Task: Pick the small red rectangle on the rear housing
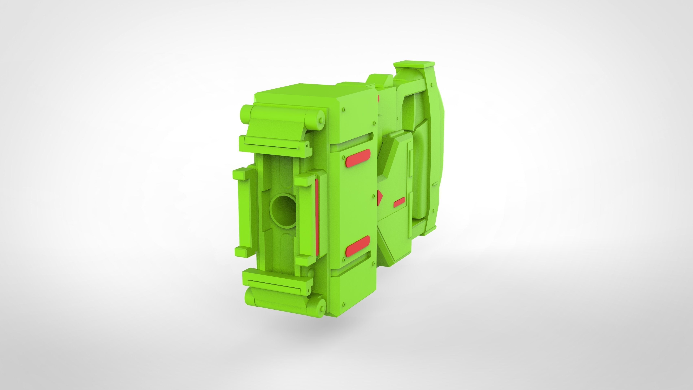[x=399, y=202]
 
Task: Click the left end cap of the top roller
[x=245, y=114]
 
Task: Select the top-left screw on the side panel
[x=344, y=110]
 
